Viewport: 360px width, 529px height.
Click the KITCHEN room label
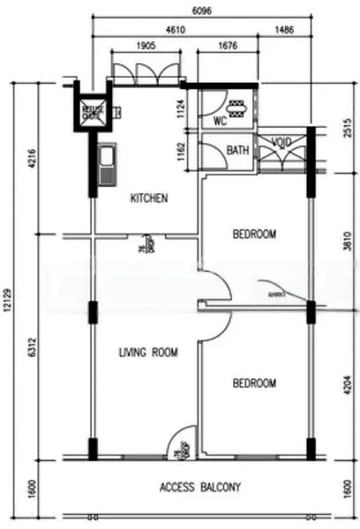[149, 198]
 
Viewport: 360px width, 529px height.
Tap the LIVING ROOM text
[148, 353]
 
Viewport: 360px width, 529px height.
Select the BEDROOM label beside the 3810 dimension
[254, 234]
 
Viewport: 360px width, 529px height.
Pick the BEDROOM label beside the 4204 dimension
[254, 384]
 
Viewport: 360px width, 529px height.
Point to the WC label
[221, 122]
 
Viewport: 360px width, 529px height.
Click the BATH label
[237, 151]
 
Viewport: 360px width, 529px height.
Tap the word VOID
[281, 142]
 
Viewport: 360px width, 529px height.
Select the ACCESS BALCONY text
[200, 487]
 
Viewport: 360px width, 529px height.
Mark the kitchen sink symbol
[108, 165]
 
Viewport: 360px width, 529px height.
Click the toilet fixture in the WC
[237, 108]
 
